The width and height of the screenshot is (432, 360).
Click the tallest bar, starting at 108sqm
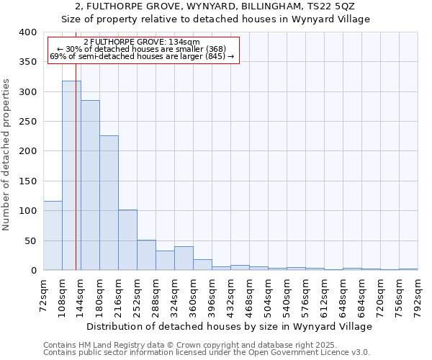[x=71, y=176]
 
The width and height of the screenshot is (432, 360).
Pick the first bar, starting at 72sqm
[x=53, y=235]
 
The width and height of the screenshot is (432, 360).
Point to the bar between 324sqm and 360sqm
[x=184, y=258]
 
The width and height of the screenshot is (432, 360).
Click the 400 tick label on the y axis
[x=28, y=32]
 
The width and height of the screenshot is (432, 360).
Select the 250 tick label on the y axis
[x=28, y=122]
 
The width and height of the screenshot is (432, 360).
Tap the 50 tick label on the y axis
[x=31, y=240]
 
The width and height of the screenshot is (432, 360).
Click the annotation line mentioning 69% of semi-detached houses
[x=142, y=56]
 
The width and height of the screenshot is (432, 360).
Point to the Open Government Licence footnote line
[x=207, y=352]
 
